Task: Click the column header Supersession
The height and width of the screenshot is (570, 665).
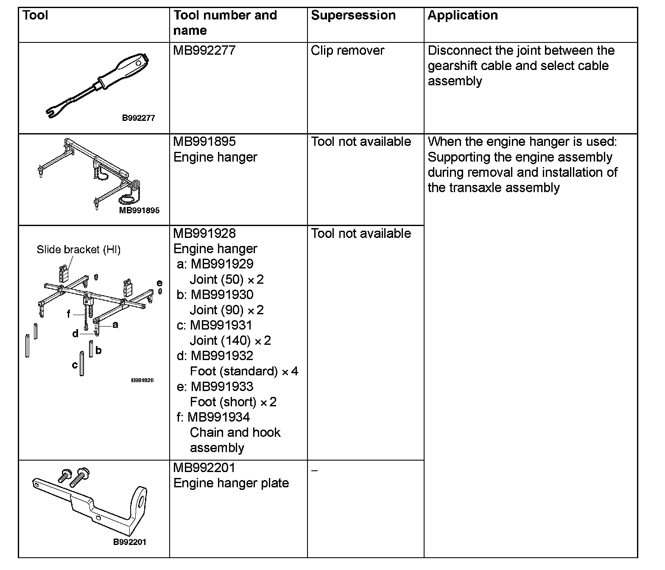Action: pos(353,16)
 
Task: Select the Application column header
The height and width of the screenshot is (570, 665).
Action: pos(462,16)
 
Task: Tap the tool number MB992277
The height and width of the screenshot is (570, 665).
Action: pos(204,50)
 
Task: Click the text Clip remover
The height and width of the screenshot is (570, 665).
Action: pos(347,50)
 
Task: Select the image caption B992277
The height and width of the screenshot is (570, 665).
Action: pos(138,118)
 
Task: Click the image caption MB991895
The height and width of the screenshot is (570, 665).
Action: pos(139,210)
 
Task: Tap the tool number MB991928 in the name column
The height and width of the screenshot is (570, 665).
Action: pos(204,233)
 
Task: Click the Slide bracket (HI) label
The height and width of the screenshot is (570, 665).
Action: pos(78,250)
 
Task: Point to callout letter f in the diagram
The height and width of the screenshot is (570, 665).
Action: pos(69,315)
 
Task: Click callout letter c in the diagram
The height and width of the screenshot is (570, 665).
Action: pos(75,365)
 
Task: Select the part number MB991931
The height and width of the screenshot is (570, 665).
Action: pos(221,325)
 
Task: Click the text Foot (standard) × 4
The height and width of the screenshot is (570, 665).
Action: pos(244,372)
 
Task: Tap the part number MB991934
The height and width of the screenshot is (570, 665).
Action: pos(218,417)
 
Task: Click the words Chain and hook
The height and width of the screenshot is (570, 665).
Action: pos(235,433)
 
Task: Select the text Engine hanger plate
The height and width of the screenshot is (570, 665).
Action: pos(231,483)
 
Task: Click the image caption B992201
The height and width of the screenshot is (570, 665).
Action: pos(129,542)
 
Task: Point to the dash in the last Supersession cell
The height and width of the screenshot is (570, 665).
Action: pos(314,470)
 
